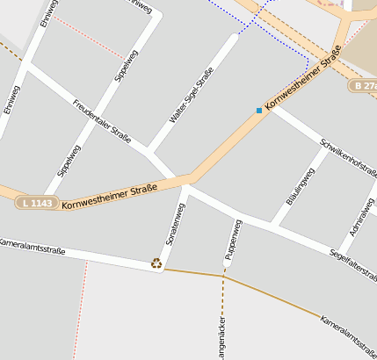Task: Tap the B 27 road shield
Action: (363, 86)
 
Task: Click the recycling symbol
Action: (156, 263)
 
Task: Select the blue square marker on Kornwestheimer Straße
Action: (258, 111)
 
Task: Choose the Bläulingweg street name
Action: (300, 186)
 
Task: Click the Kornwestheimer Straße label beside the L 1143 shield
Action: (110, 192)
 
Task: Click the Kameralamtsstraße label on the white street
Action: (32, 246)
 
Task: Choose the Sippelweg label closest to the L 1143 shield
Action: (64, 164)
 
